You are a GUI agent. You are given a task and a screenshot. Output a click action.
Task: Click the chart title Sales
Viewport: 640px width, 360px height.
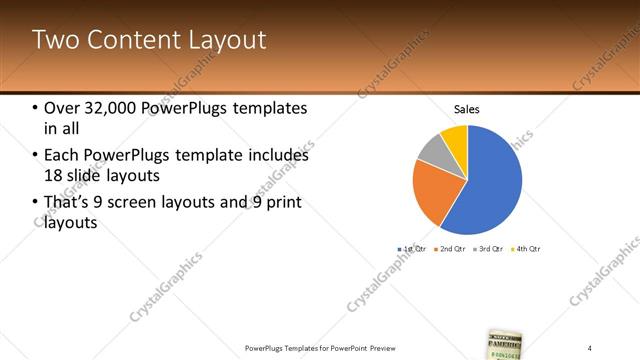coord(467,109)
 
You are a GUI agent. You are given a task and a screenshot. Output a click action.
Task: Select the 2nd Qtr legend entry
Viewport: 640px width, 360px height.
coord(452,248)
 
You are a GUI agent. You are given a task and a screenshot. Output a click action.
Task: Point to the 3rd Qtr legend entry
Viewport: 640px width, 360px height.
coord(489,248)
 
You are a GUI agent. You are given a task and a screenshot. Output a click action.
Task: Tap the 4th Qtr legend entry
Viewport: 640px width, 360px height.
coord(526,248)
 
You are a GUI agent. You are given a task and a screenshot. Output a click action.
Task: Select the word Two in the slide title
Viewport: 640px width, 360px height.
coord(51,40)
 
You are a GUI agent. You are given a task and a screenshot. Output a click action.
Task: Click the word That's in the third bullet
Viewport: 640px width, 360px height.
coord(68,203)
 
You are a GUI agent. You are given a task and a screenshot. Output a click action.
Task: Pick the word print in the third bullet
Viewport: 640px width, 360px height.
coord(285,203)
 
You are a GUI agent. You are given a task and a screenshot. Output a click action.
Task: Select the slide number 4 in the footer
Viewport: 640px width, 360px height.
coord(590,347)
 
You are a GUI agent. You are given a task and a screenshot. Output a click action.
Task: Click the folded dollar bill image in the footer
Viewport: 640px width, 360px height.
coord(507,344)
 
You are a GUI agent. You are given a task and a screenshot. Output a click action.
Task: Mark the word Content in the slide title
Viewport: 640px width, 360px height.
coord(132,40)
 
